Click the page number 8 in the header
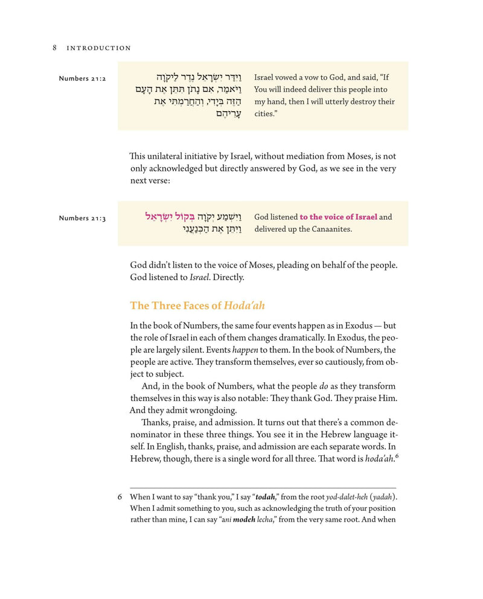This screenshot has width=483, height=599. pyautogui.click(x=55, y=48)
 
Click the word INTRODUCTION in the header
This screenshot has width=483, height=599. pyautogui.click(x=99, y=48)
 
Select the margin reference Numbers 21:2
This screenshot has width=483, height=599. pyautogui.click(x=82, y=79)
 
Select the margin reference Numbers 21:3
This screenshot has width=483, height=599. pyautogui.click(x=82, y=218)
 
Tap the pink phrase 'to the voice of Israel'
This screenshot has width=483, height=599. pyautogui.click(x=339, y=217)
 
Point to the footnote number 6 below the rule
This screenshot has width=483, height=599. pyautogui.click(x=121, y=498)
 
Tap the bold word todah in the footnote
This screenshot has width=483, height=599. pyautogui.click(x=266, y=498)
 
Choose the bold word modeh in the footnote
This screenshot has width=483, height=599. pyautogui.click(x=244, y=521)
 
